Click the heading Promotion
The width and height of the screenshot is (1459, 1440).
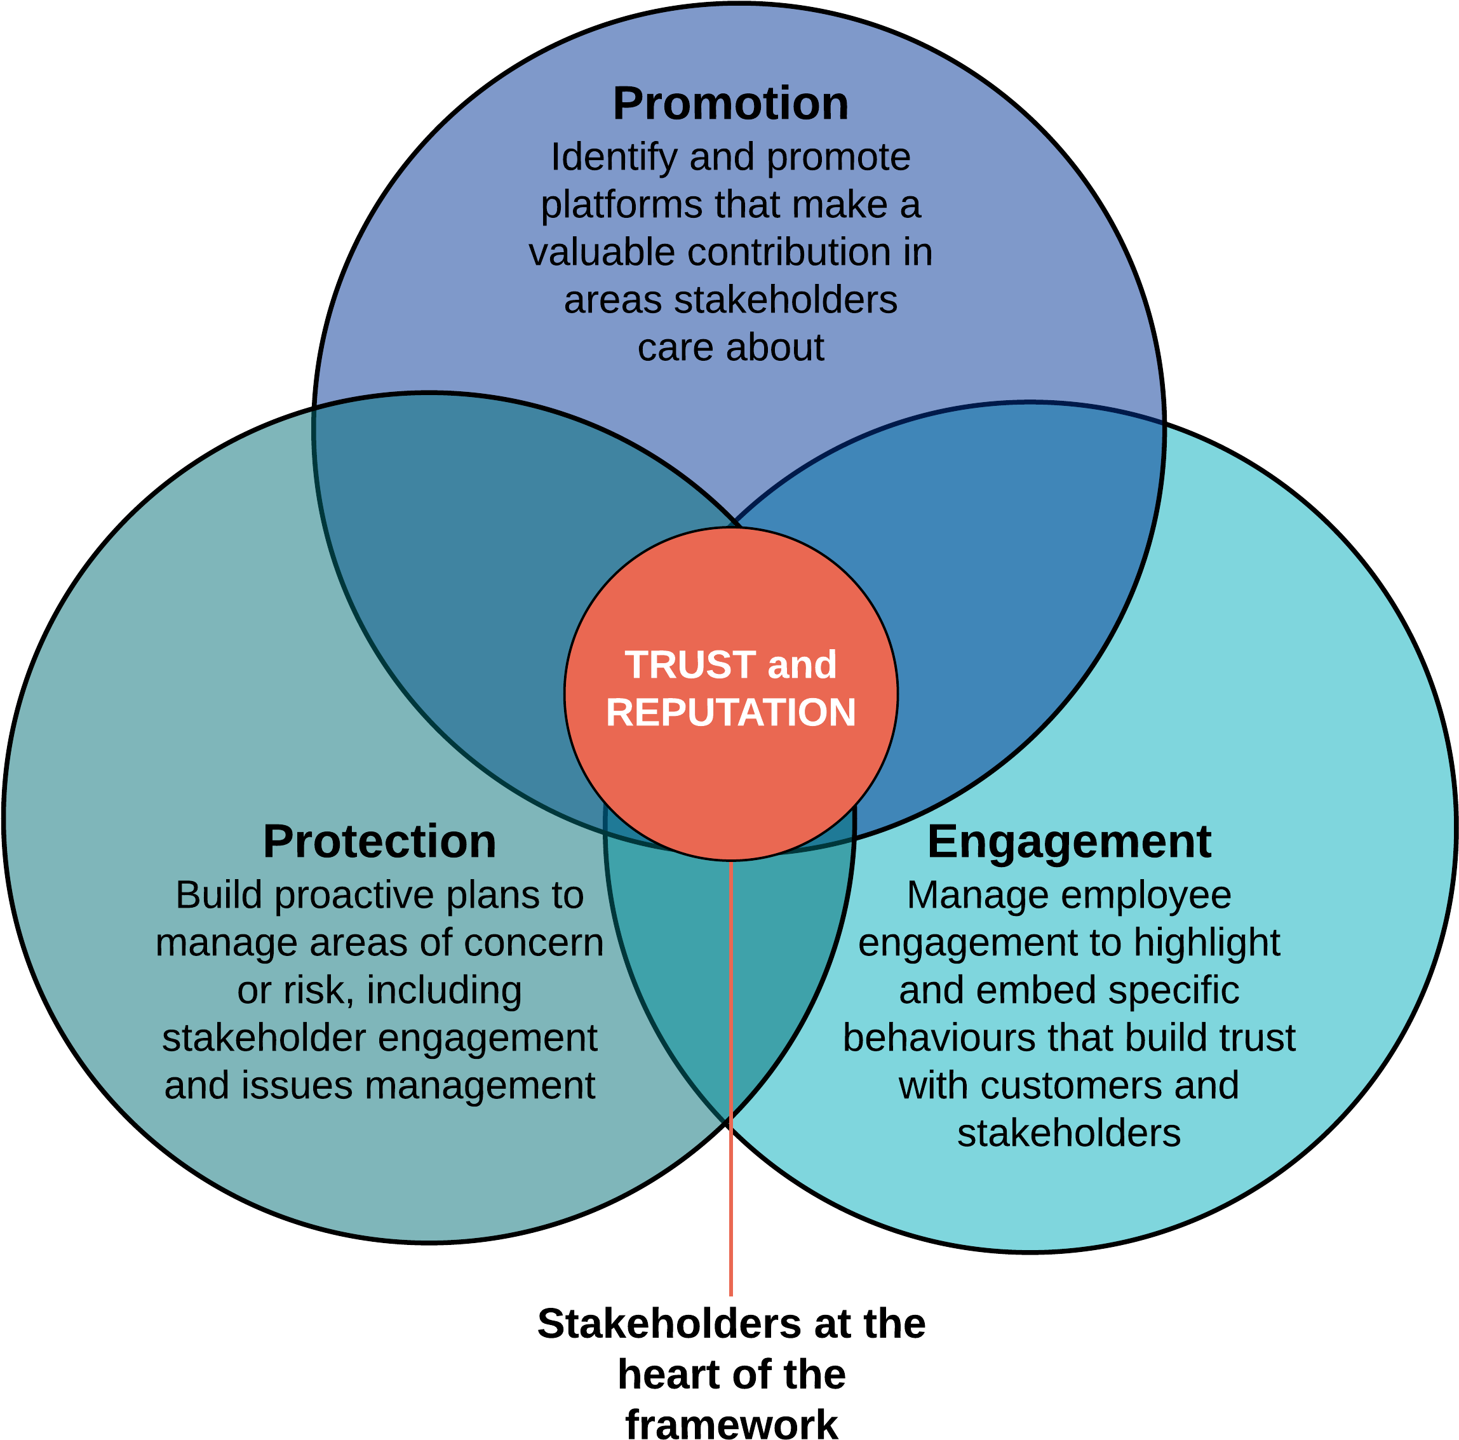(x=730, y=104)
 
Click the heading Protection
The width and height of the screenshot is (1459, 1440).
(x=379, y=841)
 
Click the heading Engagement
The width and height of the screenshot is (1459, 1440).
(x=1068, y=841)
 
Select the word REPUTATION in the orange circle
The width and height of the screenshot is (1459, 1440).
(x=730, y=713)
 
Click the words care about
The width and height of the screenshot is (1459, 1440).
(x=730, y=348)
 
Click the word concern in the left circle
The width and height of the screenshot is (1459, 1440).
(x=533, y=943)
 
